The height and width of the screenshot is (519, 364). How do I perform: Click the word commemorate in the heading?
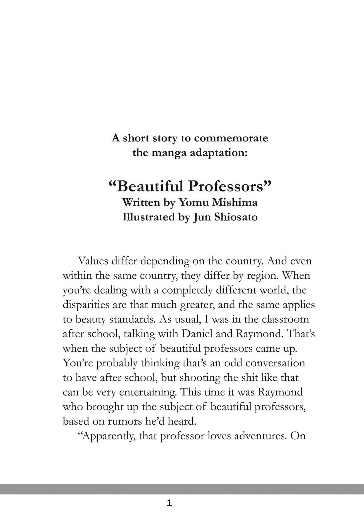coord(231,138)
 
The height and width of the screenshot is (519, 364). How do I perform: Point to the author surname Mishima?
coord(235,202)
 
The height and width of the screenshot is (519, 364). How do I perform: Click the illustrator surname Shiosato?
coord(236,217)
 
